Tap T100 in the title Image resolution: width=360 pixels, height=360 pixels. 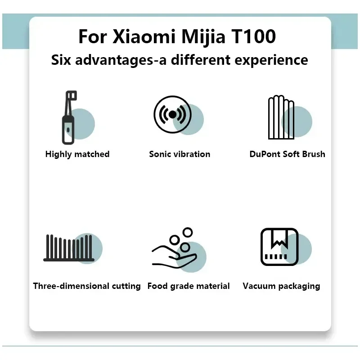point(253,37)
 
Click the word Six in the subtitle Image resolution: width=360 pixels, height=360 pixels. point(61,60)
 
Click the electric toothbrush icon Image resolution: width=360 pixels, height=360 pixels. point(68,117)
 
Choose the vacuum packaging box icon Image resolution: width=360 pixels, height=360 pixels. point(279,247)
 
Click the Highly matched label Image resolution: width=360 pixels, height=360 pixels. point(77,154)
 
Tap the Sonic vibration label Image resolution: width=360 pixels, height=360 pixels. point(180,154)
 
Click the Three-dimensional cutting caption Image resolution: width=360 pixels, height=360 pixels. point(87,286)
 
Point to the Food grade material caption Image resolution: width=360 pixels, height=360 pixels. point(189,286)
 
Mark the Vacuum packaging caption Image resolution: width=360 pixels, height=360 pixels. point(281,286)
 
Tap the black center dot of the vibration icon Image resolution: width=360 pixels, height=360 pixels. point(172,114)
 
